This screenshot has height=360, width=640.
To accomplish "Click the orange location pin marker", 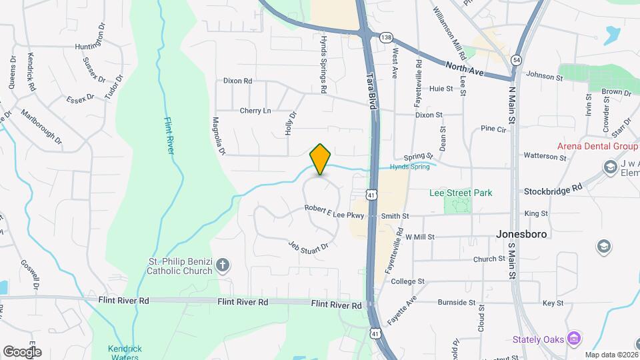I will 321,159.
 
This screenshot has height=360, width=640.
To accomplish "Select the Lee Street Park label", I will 460,193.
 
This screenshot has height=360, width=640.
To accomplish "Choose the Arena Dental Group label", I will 598,147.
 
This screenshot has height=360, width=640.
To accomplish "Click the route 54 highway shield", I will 517,60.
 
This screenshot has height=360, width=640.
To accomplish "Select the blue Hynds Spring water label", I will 410,167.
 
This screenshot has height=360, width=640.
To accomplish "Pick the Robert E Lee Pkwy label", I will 335,211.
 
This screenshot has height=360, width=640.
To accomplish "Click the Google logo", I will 22,351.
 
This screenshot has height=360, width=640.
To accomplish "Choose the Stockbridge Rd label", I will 553,189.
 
